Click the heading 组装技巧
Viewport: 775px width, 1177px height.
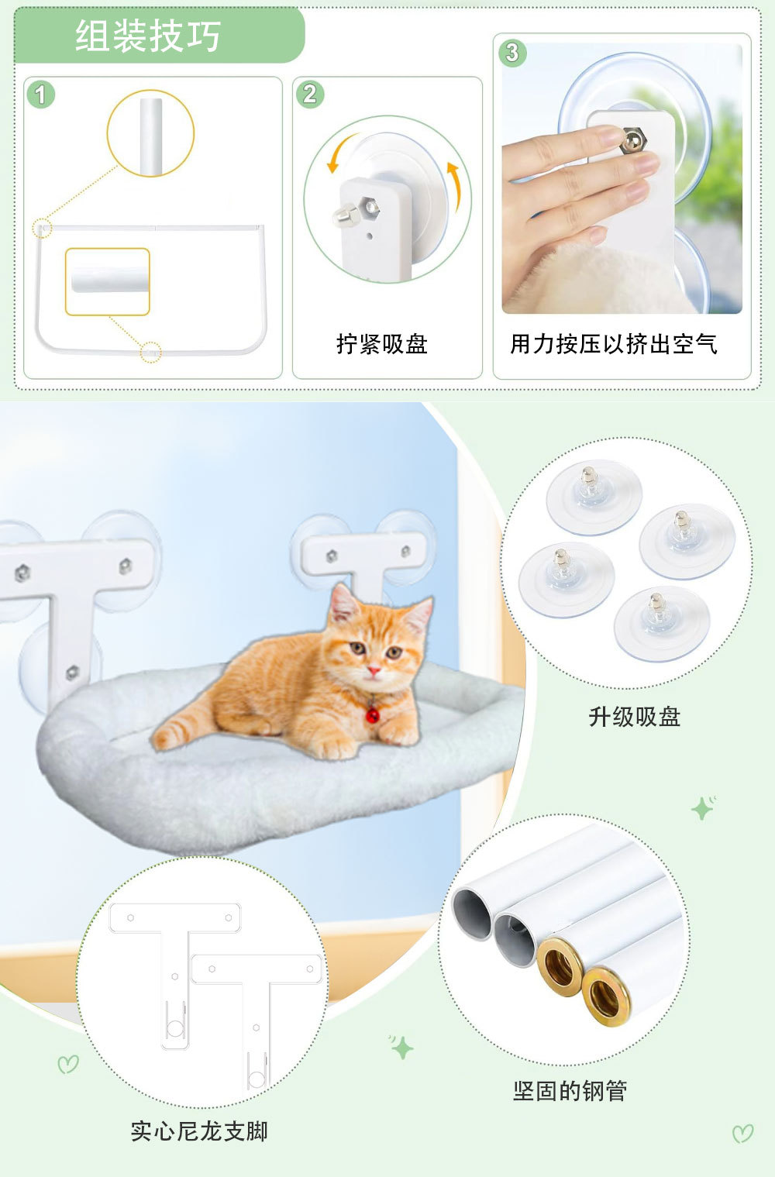(x=148, y=36)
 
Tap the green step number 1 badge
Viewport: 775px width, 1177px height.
(x=40, y=95)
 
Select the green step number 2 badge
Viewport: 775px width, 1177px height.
(x=310, y=94)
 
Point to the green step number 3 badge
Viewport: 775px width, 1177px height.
(x=512, y=53)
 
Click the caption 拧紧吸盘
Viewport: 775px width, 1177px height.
(x=382, y=344)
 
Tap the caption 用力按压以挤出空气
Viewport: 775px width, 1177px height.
(x=614, y=344)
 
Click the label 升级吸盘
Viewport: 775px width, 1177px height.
(x=634, y=717)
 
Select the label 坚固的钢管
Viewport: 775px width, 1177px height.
(x=570, y=1091)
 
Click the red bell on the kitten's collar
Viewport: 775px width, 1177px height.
(x=372, y=714)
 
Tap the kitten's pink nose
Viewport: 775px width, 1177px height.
(x=374, y=670)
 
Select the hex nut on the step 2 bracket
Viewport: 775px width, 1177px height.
(x=370, y=207)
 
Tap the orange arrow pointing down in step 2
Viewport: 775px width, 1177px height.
(x=339, y=153)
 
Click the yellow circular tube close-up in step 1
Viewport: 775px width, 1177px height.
(x=151, y=133)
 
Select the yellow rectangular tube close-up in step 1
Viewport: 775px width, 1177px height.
(x=108, y=281)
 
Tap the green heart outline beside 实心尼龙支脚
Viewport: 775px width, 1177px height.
(x=67, y=1064)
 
